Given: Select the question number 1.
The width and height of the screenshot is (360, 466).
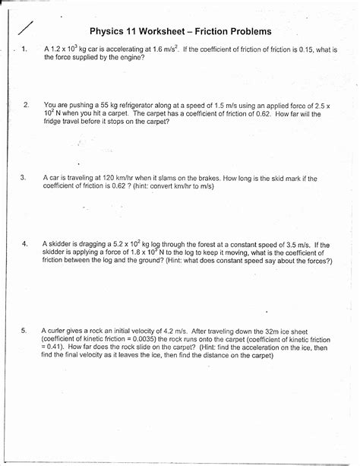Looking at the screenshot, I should pyautogui.click(x=25, y=49).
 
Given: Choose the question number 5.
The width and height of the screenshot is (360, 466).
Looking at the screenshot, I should pyautogui.click(x=24, y=331).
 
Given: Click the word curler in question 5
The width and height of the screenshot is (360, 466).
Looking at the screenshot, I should pyautogui.click(x=60, y=331).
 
